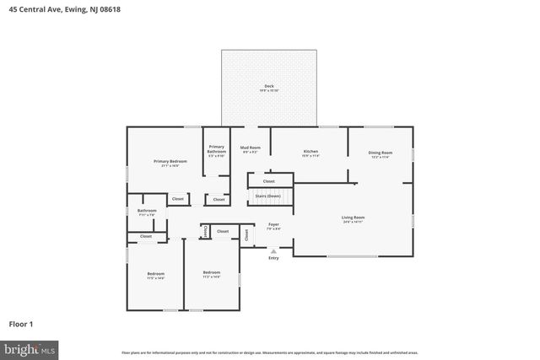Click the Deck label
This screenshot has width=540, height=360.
(269, 86)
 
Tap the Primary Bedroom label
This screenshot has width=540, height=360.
(170, 161)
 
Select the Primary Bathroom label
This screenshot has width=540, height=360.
(217, 148)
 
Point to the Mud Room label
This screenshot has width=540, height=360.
(251, 148)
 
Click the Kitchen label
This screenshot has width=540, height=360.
(310, 152)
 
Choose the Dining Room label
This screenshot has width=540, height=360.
(380, 153)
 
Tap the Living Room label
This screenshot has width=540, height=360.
(353, 218)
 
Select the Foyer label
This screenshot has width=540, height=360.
(273, 224)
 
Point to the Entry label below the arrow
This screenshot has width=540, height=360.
(273, 258)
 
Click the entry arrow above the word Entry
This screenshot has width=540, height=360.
(273, 250)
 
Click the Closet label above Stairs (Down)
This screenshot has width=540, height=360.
(268, 180)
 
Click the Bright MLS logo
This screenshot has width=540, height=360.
(30, 347)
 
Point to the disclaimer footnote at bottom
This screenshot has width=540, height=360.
(269, 352)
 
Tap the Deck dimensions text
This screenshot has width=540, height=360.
(269, 90)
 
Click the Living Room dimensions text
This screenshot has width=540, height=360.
(353, 222)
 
